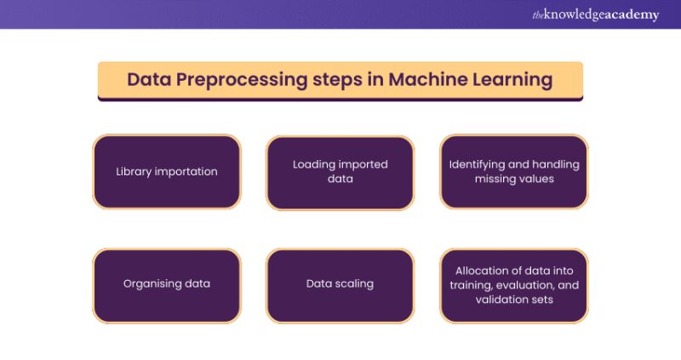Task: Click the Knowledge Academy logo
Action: (x=595, y=14)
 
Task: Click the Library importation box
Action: (x=167, y=171)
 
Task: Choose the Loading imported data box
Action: (x=340, y=171)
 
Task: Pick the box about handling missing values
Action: (x=513, y=171)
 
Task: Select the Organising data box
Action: (x=167, y=284)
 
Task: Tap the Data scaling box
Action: (x=340, y=284)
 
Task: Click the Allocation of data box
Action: (x=513, y=284)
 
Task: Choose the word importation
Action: (x=186, y=171)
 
